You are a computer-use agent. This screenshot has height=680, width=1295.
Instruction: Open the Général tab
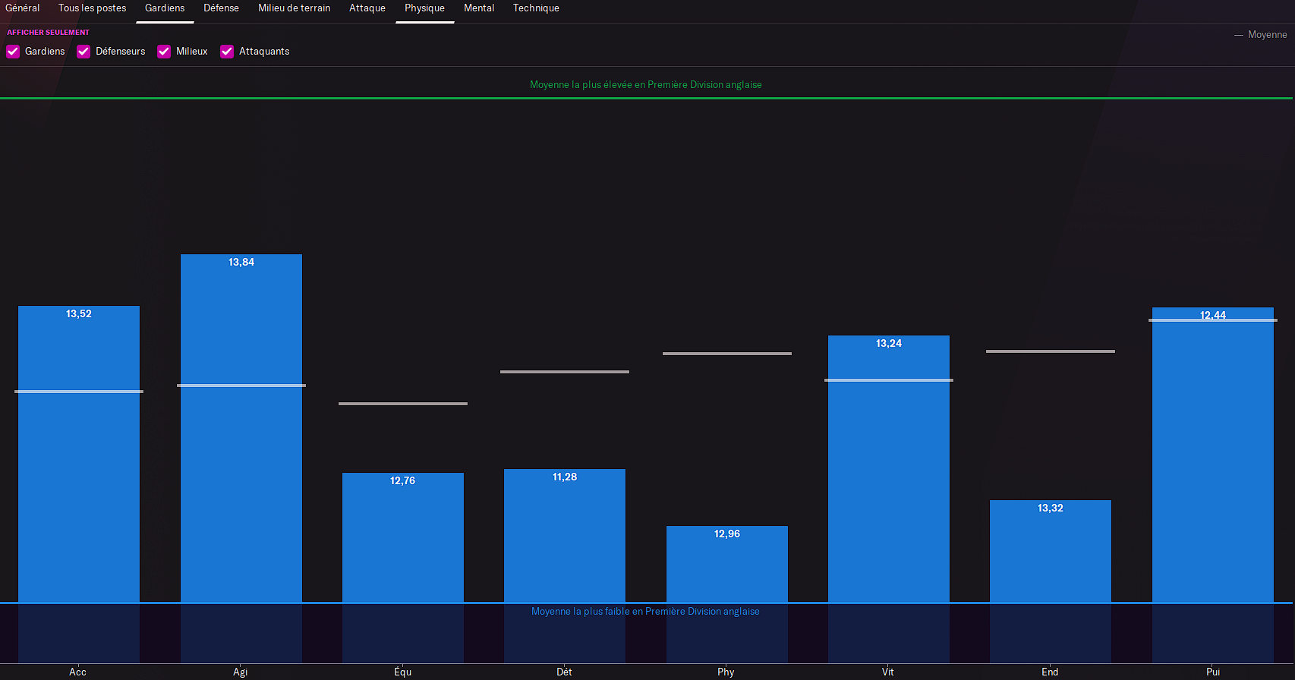click(23, 8)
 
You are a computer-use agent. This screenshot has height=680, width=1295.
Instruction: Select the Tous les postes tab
click(92, 8)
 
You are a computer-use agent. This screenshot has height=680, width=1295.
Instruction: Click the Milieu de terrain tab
click(294, 8)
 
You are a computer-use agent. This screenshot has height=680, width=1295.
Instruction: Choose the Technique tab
click(536, 8)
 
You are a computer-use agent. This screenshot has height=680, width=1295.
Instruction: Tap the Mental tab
click(479, 8)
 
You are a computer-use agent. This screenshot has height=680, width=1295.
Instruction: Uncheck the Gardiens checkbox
click(13, 52)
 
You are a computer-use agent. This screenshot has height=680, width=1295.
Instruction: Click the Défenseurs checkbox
click(83, 52)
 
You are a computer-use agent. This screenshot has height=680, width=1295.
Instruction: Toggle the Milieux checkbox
click(164, 52)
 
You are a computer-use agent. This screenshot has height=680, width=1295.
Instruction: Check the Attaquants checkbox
click(227, 52)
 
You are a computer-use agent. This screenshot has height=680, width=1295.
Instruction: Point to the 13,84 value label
click(241, 263)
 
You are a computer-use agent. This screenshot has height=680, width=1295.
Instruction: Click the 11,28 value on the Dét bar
click(565, 477)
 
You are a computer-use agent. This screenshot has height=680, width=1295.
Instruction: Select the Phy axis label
click(726, 672)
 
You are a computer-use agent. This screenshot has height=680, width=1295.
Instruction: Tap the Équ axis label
click(402, 672)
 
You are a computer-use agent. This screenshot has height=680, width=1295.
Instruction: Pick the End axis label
click(1050, 672)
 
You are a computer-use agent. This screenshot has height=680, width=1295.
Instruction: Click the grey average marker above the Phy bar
click(727, 354)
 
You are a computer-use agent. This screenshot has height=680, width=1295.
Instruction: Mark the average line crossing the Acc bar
click(79, 392)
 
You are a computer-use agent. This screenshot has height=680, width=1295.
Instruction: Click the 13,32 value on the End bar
click(1051, 508)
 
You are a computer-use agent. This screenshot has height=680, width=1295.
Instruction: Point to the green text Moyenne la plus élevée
click(645, 85)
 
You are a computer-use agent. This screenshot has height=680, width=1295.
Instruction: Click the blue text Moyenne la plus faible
click(645, 612)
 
